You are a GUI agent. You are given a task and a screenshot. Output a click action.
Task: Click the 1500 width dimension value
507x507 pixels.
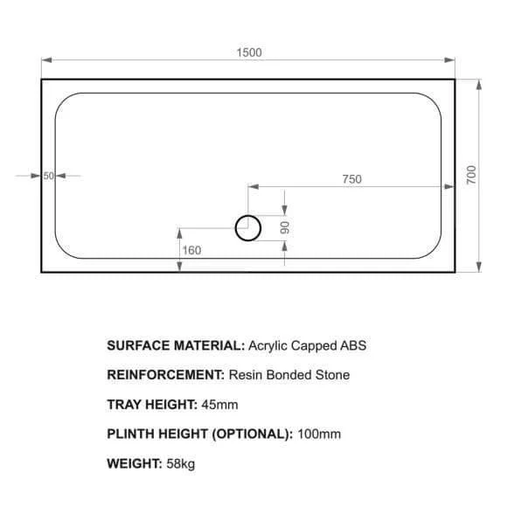[249, 52]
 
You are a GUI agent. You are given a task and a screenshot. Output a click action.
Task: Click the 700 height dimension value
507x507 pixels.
[471, 175]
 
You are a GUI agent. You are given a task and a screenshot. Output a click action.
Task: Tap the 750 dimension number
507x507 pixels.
[352, 179]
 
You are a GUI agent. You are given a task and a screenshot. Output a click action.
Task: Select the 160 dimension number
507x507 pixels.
[191, 250]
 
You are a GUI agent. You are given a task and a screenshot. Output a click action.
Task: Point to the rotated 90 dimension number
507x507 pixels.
[285, 227]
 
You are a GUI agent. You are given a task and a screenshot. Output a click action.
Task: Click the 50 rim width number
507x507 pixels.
[48, 176]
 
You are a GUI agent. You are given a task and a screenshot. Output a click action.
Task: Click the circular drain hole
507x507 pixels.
[248, 228]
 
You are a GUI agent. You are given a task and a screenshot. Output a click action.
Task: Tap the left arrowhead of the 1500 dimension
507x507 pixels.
[46, 59]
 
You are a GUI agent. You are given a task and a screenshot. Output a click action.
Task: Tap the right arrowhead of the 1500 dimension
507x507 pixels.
[450, 59]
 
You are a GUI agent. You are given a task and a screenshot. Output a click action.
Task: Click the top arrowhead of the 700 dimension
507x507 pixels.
[479, 85]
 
